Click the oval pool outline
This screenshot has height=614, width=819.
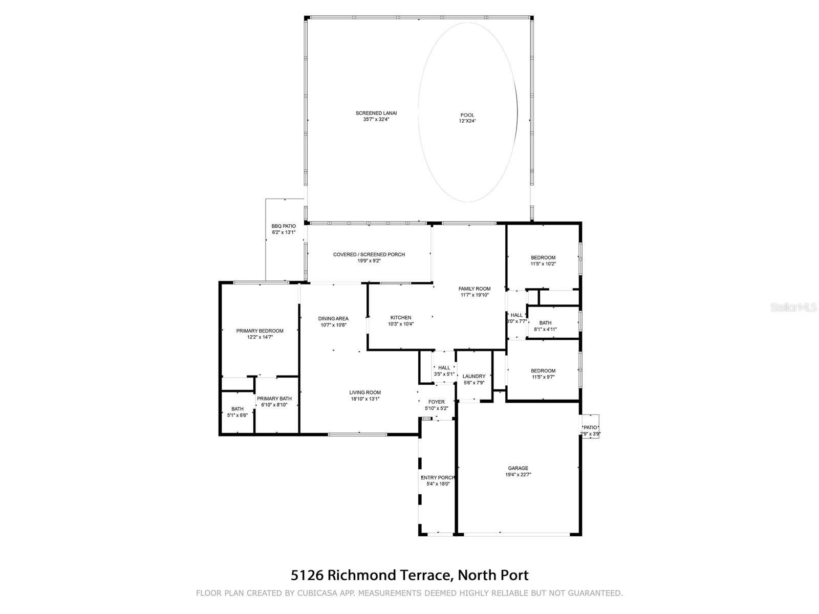click(x=418, y=112)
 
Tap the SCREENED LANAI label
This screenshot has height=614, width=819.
click(x=376, y=113)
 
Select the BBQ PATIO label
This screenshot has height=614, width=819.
click(x=284, y=226)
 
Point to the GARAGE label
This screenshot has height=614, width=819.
click(x=518, y=468)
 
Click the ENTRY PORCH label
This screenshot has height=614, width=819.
click(x=438, y=477)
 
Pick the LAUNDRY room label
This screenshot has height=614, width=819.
click(x=474, y=376)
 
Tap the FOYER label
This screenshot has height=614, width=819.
click(x=437, y=402)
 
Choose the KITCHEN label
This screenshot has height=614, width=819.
click(x=401, y=318)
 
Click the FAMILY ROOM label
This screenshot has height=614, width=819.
click(x=475, y=289)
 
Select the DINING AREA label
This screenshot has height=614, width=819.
click(x=333, y=318)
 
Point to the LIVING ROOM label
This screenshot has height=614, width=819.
click(x=365, y=392)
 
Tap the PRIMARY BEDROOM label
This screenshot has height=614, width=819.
click(x=260, y=331)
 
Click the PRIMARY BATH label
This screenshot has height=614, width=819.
click(x=274, y=399)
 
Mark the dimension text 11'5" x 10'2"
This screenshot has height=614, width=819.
click(x=543, y=264)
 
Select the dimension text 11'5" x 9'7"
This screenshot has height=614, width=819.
click(x=543, y=377)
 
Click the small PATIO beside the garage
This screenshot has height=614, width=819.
click(x=590, y=427)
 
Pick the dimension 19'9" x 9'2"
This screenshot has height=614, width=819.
click(x=369, y=261)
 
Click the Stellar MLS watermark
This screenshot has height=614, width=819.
click(x=793, y=307)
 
